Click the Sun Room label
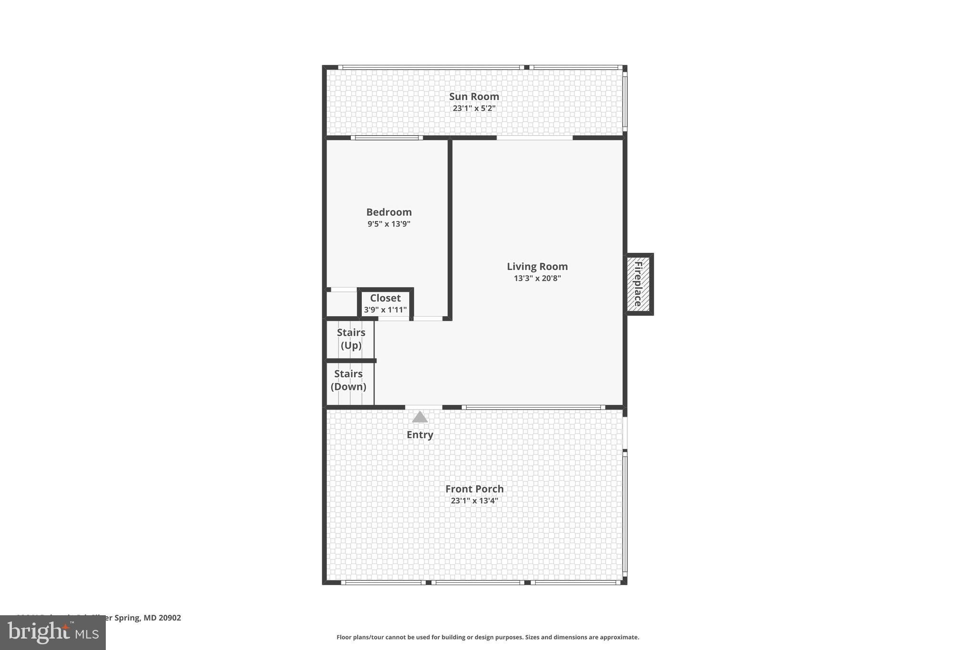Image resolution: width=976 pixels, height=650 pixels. tap(474, 97)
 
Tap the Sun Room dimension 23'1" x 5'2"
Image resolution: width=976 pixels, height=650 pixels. tap(474, 109)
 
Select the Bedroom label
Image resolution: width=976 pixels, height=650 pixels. tap(389, 212)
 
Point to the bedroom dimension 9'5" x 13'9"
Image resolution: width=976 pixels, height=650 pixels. tap(389, 224)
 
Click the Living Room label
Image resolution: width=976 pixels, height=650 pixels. tap(537, 267)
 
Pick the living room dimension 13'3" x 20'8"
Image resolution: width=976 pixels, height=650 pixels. tap(537, 279)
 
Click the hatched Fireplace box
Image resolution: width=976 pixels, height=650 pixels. tap(638, 284)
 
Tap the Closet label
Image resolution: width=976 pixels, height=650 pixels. tap(385, 298)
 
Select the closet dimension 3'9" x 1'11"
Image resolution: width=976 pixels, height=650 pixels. tap(385, 310)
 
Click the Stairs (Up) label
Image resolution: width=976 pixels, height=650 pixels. tap(351, 339)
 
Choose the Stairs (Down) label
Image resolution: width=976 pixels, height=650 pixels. tap(348, 380)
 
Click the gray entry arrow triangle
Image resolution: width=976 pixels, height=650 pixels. tap(419, 418)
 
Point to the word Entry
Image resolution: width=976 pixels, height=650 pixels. tap(419, 435)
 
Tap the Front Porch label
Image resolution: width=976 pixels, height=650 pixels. tap(474, 489)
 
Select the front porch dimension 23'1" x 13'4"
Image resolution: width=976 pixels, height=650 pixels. tap(474, 501)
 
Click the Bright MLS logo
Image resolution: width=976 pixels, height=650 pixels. tap(52, 633)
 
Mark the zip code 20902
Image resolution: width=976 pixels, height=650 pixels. tap(170, 618)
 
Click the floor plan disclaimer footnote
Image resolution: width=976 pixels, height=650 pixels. tap(488, 637)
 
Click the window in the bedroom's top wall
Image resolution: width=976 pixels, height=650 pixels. tap(386, 138)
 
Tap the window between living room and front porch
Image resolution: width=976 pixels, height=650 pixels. tap(533, 407)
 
